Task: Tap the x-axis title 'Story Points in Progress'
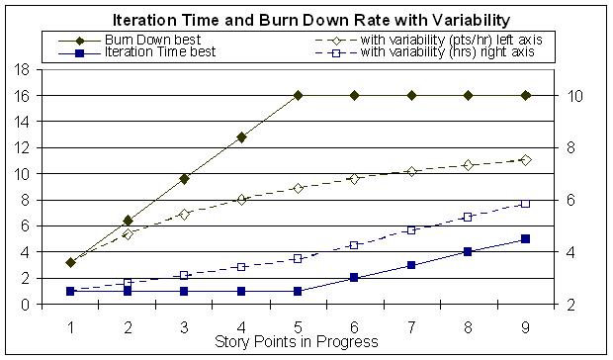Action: coord(297,342)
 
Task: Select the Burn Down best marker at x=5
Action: coord(298,96)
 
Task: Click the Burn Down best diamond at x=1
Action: coord(70,263)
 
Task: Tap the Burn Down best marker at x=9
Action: coord(526,96)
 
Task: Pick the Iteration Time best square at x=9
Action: coord(526,239)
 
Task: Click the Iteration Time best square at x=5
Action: coord(298,291)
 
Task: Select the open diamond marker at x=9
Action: coord(526,159)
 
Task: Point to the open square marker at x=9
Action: coord(526,204)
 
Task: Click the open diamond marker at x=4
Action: coord(241,199)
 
